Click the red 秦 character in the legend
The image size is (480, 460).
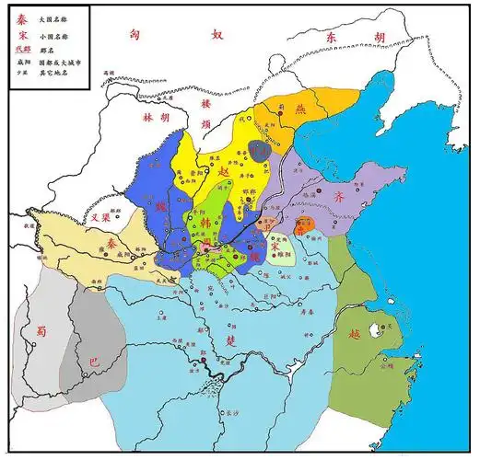tap(21, 17)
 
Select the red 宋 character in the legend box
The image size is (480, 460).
tap(21, 33)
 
